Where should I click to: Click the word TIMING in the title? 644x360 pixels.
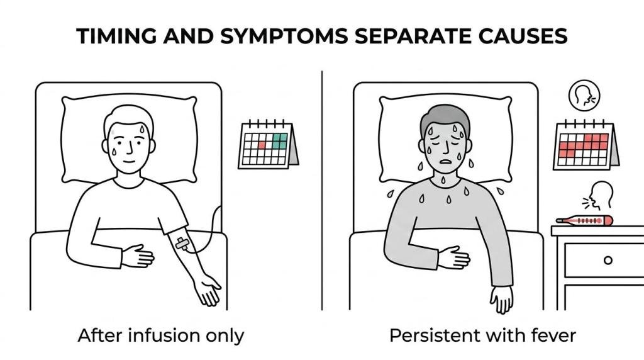(116, 36)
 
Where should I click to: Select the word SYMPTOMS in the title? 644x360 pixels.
(284, 36)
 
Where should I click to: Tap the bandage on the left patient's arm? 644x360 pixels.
(183, 244)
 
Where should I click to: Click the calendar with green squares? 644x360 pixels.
(268, 144)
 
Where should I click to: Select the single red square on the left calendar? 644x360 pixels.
(262, 145)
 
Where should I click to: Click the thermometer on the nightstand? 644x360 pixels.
(584, 221)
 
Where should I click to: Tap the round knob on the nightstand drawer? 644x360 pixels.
(608, 260)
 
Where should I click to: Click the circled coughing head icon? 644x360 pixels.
(584, 95)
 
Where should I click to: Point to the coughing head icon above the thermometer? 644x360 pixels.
(598, 195)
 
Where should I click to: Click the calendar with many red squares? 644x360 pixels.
(586, 145)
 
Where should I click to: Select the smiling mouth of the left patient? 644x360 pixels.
(129, 160)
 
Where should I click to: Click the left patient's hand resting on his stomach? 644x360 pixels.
(138, 256)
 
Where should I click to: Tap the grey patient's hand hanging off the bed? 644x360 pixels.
(501, 299)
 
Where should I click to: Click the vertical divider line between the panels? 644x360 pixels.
(322, 190)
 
